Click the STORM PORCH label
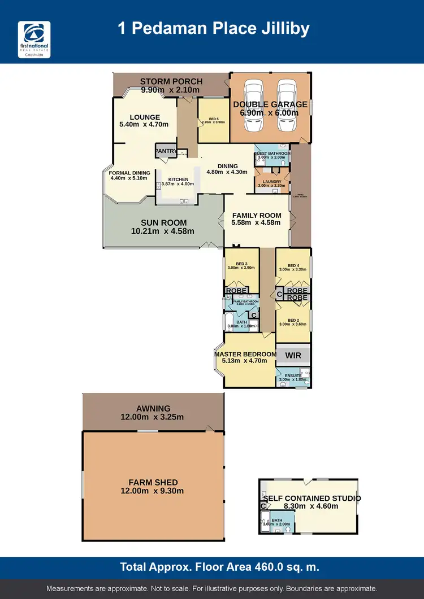pyautogui.click(x=171, y=81)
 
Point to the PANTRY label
pyautogui.click(x=166, y=151)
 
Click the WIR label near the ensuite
pyautogui.click(x=293, y=355)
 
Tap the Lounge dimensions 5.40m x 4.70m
pyautogui.click(x=144, y=125)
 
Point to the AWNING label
pyautogui.click(x=153, y=409)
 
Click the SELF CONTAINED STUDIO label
pyautogui.click(x=311, y=499)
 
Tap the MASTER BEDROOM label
pyautogui.click(x=245, y=354)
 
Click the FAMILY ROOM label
pyautogui.click(x=257, y=215)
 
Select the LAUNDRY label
pyautogui.click(x=272, y=181)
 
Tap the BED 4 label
pyautogui.click(x=293, y=265)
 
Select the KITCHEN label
pyautogui.click(x=178, y=180)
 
